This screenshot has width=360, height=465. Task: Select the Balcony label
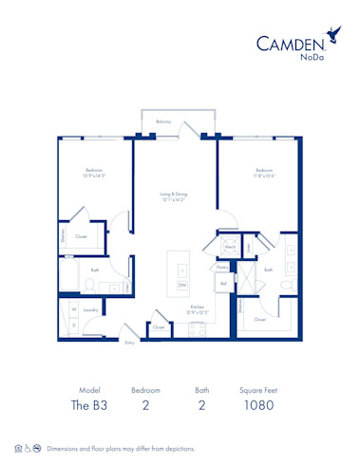163,122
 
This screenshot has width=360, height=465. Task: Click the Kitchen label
197,307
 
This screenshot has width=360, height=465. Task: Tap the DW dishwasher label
181,284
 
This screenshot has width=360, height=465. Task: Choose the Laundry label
91,309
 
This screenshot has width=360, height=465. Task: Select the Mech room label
230,247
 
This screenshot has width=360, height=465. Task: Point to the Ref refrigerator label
223,283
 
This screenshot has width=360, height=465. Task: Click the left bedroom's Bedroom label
92,171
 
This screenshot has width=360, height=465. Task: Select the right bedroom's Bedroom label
263,171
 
